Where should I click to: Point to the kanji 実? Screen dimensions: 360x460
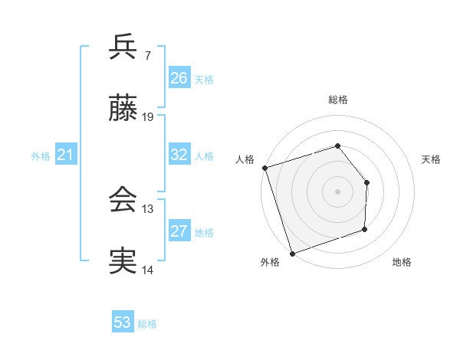click(123, 261)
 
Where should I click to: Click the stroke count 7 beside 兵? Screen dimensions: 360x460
click(148, 55)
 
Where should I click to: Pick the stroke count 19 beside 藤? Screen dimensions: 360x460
click(148, 117)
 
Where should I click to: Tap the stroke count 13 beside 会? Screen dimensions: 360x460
click(148, 208)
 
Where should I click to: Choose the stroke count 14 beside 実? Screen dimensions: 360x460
click(148, 270)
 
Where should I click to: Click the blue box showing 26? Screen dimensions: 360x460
click(179, 78)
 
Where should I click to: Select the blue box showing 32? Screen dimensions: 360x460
click(179, 155)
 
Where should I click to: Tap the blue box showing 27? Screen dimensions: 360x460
click(179, 231)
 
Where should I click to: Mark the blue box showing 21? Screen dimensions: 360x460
click(66, 155)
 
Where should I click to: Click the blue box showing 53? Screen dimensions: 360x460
click(123, 322)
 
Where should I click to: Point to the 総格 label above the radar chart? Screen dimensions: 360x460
click(338, 100)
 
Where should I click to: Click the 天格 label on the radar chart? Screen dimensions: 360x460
click(432, 159)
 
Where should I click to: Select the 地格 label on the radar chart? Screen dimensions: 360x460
click(402, 263)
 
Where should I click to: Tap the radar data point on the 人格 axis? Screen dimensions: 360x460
click(264, 168)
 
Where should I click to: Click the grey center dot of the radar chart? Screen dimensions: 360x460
click(337, 191)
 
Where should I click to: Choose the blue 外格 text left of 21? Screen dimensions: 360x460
click(41, 156)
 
